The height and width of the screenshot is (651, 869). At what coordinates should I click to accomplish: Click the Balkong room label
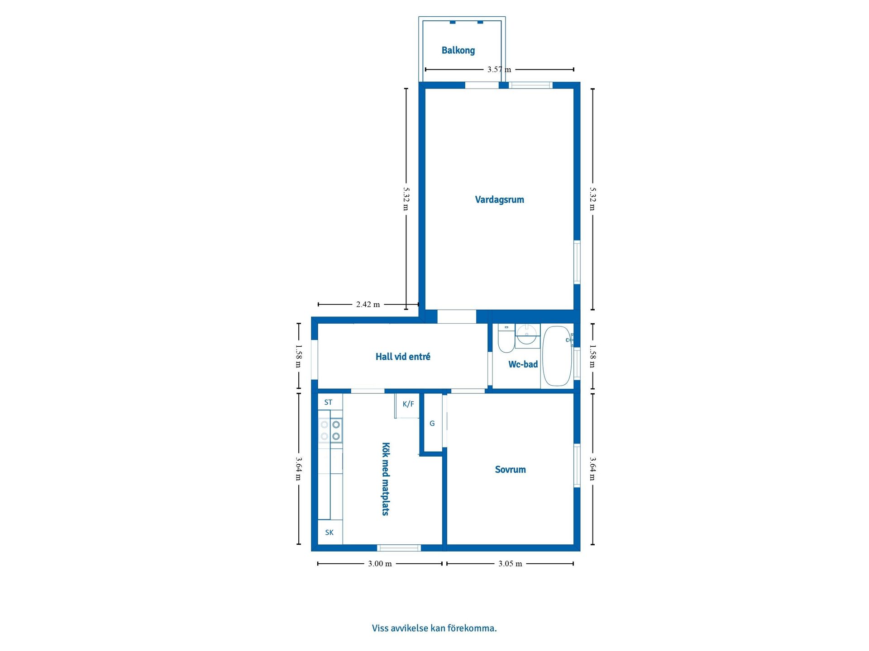(458, 50)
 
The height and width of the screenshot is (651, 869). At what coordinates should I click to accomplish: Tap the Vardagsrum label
(499, 199)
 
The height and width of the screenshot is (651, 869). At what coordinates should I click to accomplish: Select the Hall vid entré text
(403, 357)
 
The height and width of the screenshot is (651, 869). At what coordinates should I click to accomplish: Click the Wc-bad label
(523, 364)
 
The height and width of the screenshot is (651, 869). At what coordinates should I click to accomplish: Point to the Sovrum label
(510, 469)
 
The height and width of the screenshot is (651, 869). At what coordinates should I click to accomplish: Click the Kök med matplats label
(385, 479)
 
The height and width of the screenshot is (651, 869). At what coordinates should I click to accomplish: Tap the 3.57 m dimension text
(499, 70)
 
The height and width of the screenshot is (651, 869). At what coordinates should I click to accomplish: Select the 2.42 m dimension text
(368, 304)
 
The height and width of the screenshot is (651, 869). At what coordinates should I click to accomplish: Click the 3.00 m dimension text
(380, 564)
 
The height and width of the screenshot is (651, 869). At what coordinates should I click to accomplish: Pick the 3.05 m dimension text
(510, 564)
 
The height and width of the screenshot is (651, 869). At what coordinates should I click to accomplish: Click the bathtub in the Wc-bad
(557, 356)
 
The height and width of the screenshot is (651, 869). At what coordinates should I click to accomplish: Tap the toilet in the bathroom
(506, 338)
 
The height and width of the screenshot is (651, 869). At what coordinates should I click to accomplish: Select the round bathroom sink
(526, 335)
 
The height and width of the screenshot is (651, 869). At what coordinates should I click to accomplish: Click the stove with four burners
(330, 430)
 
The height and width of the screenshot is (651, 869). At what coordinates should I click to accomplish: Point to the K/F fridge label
(408, 404)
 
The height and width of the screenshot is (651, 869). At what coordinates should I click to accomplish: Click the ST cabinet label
(328, 402)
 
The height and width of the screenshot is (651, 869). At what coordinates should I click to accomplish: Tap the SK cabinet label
(329, 533)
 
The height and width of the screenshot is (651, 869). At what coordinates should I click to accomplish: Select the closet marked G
(432, 423)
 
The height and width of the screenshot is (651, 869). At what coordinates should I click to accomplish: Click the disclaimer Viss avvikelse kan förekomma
(434, 628)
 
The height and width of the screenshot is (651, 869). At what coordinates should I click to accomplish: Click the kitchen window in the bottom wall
(399, 548)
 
